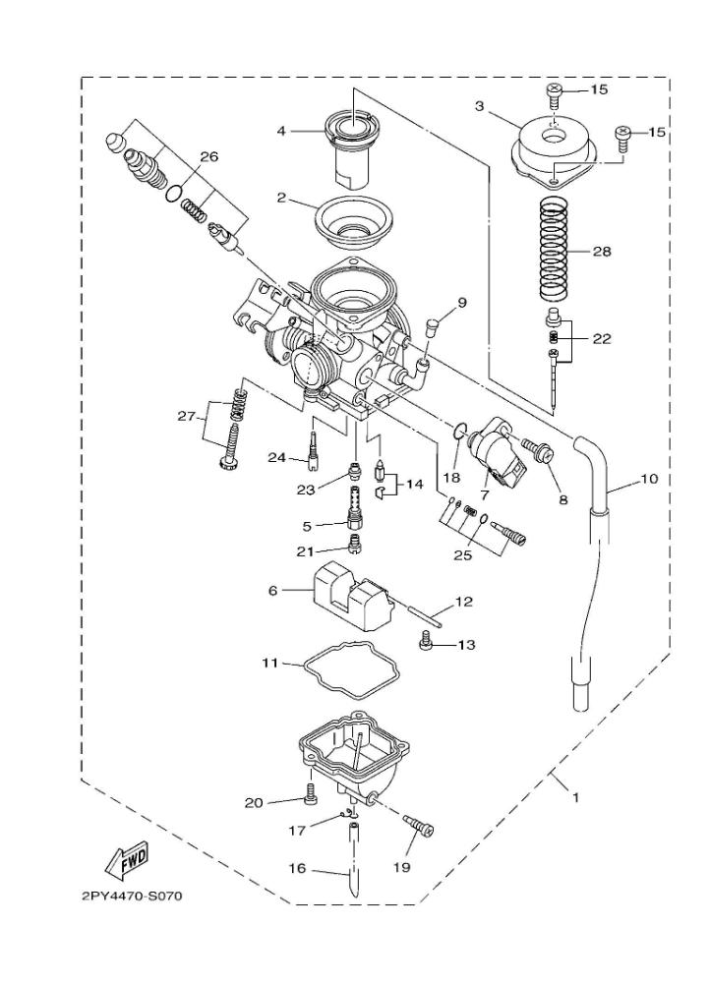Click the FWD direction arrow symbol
tap(127, 861)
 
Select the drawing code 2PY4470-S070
tap(132, 896)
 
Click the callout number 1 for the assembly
tap(575, 797)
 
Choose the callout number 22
tap(602, 338)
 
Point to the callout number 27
tap(186, 415)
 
